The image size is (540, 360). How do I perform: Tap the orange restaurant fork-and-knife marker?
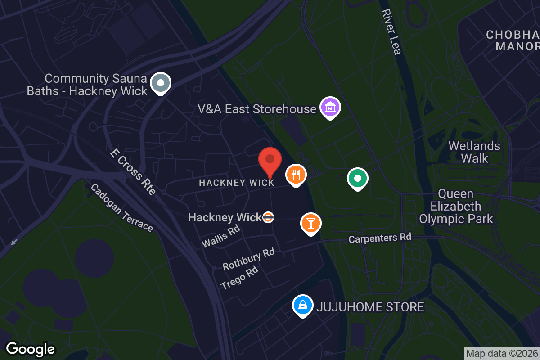[x=296, y=174]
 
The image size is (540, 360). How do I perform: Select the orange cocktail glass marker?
[x=310, y=223]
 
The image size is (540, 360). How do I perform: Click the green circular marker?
[x=358, y=179]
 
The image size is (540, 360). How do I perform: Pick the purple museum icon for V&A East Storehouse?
[x=330, y=108]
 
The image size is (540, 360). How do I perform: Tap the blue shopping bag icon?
[x=303, y=305]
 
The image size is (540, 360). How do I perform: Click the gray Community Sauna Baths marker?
[x=160, y=83]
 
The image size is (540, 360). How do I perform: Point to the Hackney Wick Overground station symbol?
[x=268, y=217]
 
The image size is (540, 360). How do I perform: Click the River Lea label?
[x=391, y=31]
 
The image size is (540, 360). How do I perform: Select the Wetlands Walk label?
[x=474, y=152]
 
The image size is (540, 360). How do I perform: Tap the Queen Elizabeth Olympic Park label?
[x=456, y=207]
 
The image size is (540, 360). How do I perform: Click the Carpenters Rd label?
[x=380, y=238]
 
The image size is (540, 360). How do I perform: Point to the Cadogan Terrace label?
[x=121, y=207]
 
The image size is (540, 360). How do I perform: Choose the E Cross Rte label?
[x=133, y=172]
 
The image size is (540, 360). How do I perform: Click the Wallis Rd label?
[x=221, y=236]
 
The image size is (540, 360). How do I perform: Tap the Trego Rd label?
[x=239, y=277]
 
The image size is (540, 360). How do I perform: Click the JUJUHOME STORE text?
[x=370, y=307]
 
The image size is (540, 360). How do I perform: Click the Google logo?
[x=30, y=349]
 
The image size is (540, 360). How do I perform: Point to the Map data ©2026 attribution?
[x=502, y=353]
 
